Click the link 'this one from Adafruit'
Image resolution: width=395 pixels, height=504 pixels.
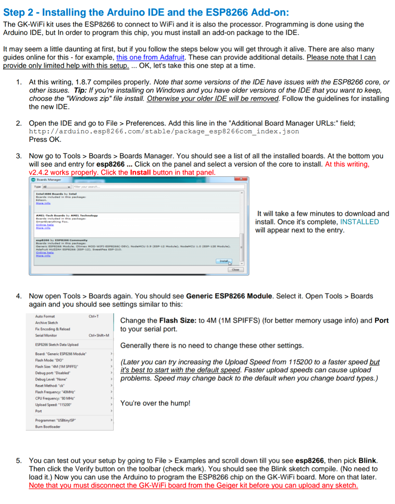[x=150, y=57]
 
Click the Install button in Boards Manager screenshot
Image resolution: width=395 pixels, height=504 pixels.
[x=223, y=261]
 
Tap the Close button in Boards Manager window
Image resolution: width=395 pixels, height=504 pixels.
[x=235, y=270]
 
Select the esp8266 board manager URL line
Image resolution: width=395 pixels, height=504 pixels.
[x=164, y=131]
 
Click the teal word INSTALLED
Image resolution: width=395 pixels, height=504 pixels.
[x=359, y=222]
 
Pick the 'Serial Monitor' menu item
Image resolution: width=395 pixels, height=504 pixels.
[x=46, y=335]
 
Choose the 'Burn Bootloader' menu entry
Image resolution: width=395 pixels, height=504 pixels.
[x=48, y=427]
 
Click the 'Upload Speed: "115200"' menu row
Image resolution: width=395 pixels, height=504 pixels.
[x=54, y=405]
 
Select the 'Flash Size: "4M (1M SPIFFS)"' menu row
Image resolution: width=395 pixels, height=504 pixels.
[x=57, y=367]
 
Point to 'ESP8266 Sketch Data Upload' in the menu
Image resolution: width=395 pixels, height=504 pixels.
[x=57, y=345]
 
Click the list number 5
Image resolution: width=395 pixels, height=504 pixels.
[x=19, y=461]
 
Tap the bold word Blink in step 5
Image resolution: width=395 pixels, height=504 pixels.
[x=367, y=461]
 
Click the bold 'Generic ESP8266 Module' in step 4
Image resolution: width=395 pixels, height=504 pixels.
[x=229, y=296]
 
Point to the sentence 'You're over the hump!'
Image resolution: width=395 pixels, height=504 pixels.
[x=155, y=403]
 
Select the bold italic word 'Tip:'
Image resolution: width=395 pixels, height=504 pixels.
[x=80, y=90]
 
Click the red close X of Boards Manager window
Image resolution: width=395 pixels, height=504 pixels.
[x=241, y=179]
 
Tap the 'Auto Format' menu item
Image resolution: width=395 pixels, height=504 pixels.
[x=45, y=316]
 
